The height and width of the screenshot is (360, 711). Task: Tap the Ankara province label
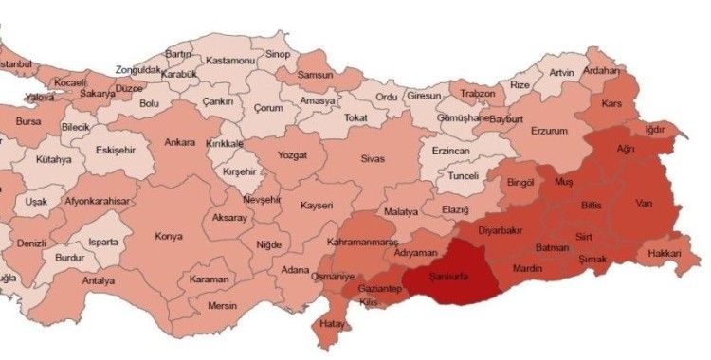[x=180, y=143]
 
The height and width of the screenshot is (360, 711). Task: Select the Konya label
[x=168, y=236]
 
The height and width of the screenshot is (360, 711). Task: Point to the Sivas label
[x=373, y=159]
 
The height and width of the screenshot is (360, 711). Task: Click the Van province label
[x=645, y=202]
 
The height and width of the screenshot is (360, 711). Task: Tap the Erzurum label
[x=554, y=130]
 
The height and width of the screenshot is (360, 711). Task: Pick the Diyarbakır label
[x=502, y=229]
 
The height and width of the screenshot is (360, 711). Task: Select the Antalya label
[x=98, y=280]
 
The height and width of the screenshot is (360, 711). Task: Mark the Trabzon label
[x=479, y=94]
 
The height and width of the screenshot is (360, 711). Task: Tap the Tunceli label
[x=463, y=176]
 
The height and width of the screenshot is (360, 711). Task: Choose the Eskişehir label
[x=117, y=150]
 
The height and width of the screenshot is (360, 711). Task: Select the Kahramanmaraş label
[x=361, y=243]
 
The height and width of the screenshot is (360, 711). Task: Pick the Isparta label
[x=103, y=242]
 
